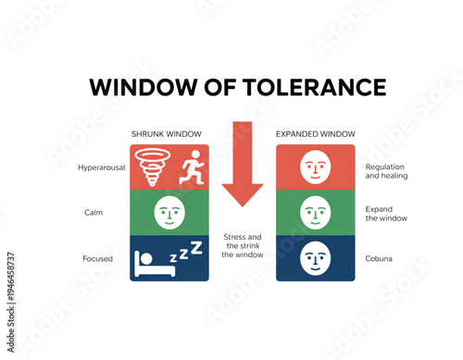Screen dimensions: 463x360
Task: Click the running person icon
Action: point(191,168)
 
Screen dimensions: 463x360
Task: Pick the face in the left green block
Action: point(169,212)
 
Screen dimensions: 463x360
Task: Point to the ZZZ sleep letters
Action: point(190,252)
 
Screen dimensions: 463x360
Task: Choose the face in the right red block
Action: point(316,168)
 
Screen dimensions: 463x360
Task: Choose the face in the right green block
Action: point(316,212)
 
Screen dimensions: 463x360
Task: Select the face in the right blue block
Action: point(316,256)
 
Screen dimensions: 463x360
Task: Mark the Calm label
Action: point(93,213)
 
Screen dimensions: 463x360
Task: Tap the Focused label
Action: point(97,258)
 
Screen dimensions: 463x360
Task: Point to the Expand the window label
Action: point(385,214)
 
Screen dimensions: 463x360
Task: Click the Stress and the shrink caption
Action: point(243,245)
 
